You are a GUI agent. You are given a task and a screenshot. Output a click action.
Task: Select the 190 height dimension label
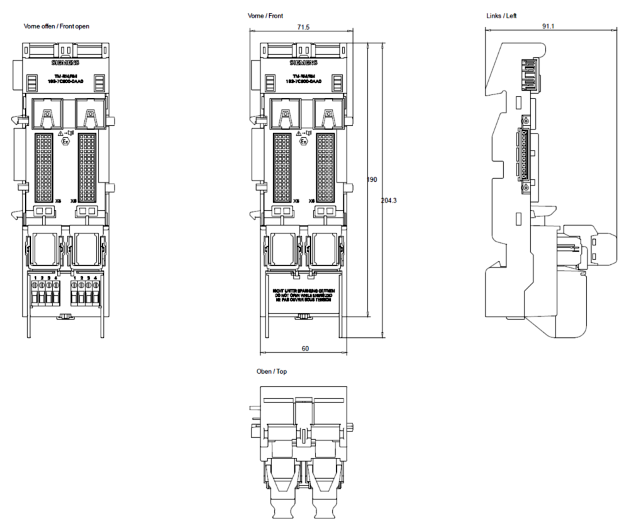click(x=372, y=180)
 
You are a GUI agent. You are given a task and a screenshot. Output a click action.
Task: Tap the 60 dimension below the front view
click(x=304, y=348)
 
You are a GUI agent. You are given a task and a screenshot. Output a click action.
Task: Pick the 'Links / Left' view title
click(x=502, y=15)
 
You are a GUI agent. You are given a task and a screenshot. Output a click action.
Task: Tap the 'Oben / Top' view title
click(x=272, y=371)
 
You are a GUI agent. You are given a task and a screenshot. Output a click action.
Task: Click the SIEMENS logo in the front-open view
click(x=65, y=63)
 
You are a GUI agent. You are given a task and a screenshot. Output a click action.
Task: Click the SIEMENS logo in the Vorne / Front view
click(x=303, y=63)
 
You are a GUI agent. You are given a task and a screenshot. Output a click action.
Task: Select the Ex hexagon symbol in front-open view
click(x=65, y=142)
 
